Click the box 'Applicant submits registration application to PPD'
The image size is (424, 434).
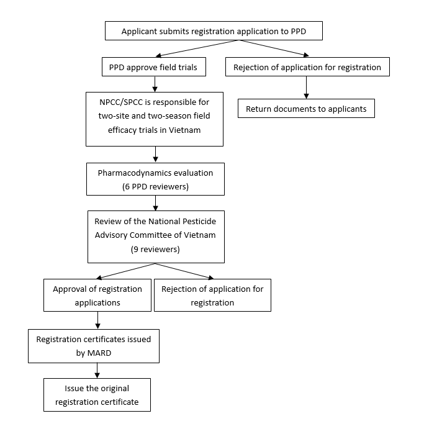click(214, 30)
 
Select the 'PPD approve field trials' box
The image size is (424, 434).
click(154, 66)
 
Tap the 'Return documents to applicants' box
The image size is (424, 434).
click(306, 109)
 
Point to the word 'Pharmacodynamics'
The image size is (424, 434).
click(132, 173)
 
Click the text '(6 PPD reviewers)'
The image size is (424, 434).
click(155, 186)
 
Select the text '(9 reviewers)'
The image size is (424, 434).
click(155, 250)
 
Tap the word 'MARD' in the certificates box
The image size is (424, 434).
click(99, 353)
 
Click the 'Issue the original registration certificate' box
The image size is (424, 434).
click(97, 395)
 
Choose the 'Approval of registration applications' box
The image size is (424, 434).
click(97, 296)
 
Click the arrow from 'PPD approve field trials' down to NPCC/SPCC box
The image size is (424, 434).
click(155, 84)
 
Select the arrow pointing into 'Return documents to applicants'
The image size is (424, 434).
click(306, 88)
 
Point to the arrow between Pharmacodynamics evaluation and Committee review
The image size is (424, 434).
click(156, 203)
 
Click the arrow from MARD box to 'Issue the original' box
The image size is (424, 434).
click(97, 371)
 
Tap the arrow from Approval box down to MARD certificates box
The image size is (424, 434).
click(97, 320)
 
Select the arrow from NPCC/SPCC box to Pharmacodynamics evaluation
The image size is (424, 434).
click(156, 155)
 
